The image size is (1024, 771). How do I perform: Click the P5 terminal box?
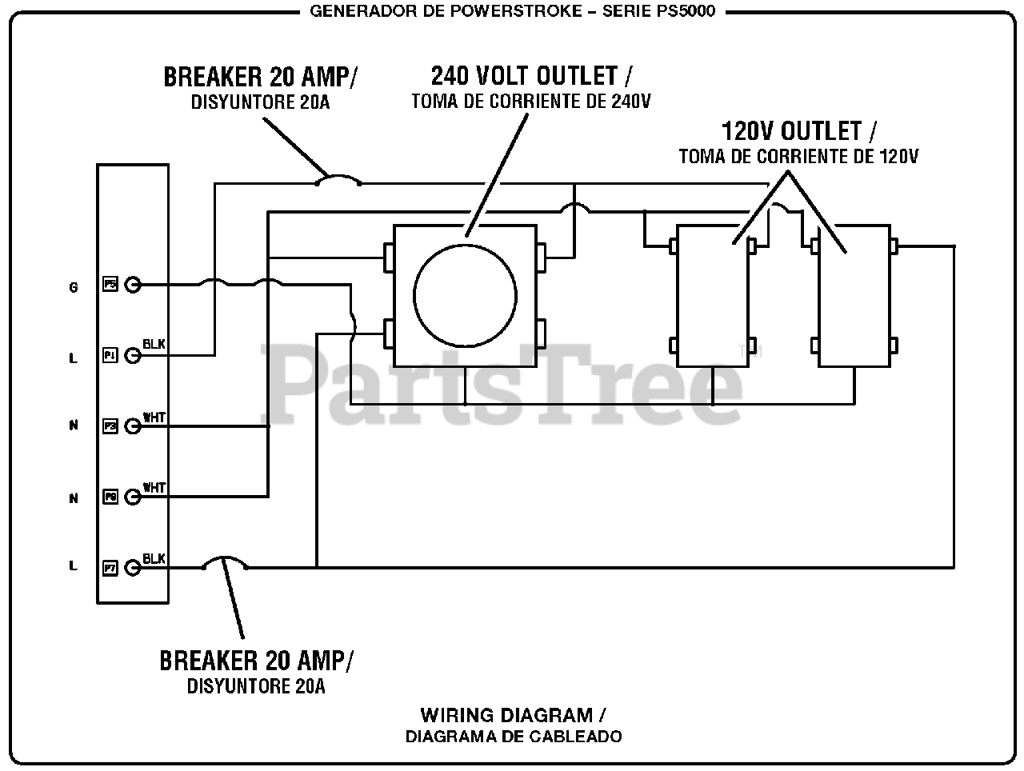[110, 284]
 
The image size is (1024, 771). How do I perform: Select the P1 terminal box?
[110, 354]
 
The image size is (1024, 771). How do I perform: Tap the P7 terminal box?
[110, 568]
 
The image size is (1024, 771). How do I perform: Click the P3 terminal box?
[110, 426]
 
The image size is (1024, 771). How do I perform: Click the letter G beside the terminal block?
[74, 287]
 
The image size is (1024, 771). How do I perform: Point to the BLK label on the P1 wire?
[154, 344]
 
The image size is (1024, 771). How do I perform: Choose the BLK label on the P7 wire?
[154, 558]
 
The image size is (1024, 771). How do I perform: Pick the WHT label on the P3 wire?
[154, 417]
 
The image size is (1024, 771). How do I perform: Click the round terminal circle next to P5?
[133, 284]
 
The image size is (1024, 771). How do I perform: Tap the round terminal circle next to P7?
[133, 568]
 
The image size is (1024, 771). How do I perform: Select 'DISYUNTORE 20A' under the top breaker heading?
[260, 102]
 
